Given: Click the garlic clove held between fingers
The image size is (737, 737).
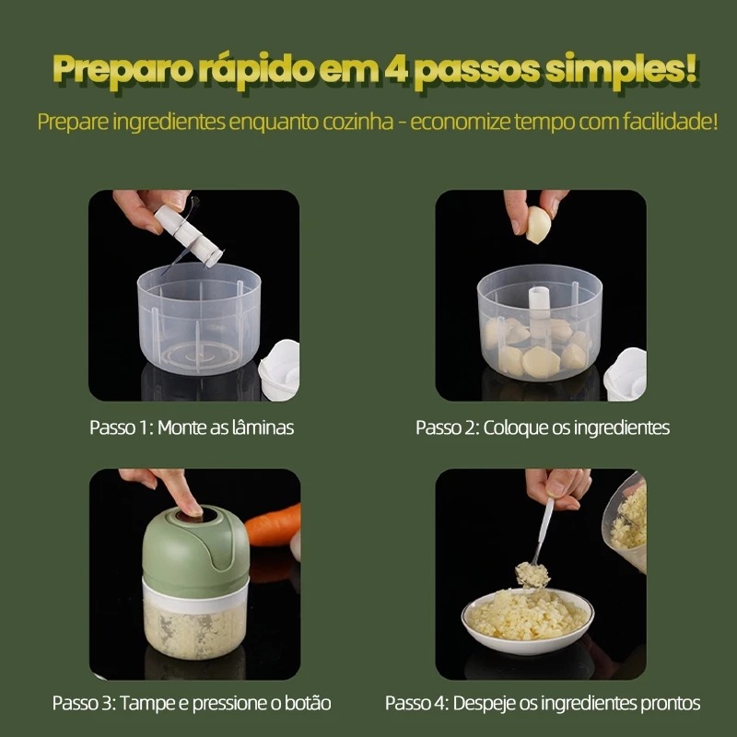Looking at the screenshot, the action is click(x=538, y=225).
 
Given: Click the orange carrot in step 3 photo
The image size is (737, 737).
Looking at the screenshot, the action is click(x=273, y=524).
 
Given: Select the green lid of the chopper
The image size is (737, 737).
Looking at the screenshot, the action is click(x=195, y=545).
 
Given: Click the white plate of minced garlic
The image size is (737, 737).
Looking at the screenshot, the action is click(x=527, y=620).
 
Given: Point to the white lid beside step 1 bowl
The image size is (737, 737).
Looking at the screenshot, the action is click(x=279, y=369).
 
